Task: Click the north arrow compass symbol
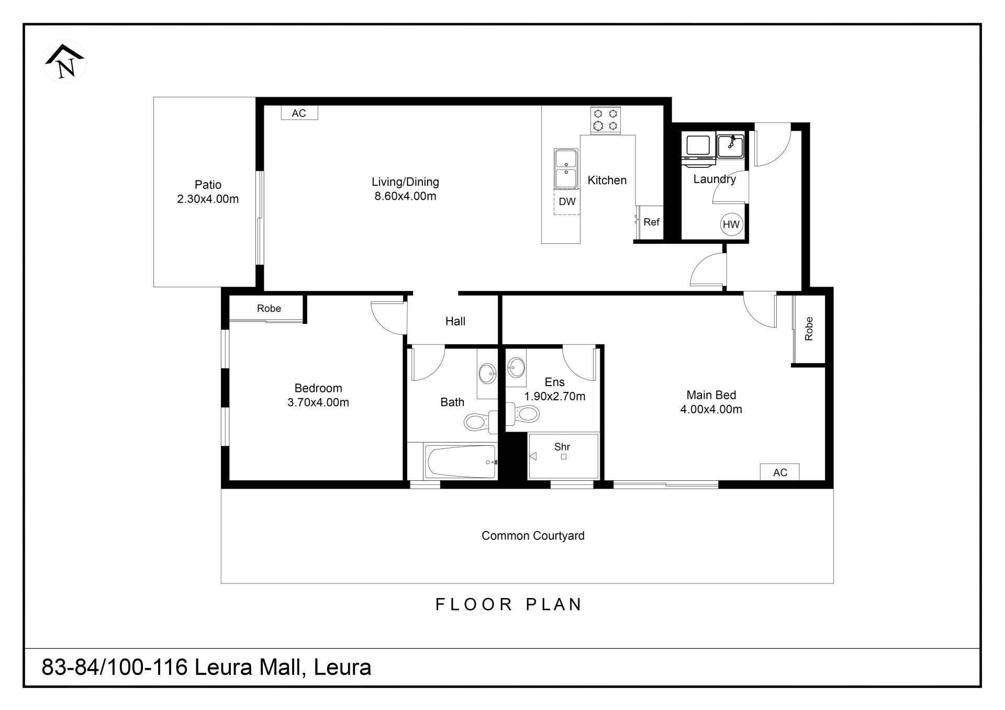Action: pos(64,62)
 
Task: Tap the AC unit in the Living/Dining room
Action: pos(299,113)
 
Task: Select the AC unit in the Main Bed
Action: pos(780,472)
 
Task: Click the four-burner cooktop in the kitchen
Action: pos(606,120)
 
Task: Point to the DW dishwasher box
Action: pos(567,201)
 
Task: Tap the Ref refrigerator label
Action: pos(651,222)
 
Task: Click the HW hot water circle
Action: pos(731,224)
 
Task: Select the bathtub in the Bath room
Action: pos(461,461)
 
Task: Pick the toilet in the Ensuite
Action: pos(522,414)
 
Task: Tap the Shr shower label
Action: pos(562,447)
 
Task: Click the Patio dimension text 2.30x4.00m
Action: pos(208,199)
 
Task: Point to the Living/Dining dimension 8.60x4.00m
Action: pos(405,196)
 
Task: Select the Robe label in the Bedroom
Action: pos(269,309)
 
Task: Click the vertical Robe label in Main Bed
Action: pos(809,329)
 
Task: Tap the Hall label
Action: pos(455,321)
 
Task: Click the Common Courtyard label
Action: pos(533,536)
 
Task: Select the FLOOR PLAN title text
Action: pos(509,604)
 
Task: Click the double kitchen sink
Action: pos(566,168)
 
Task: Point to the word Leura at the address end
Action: pos(342,668)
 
